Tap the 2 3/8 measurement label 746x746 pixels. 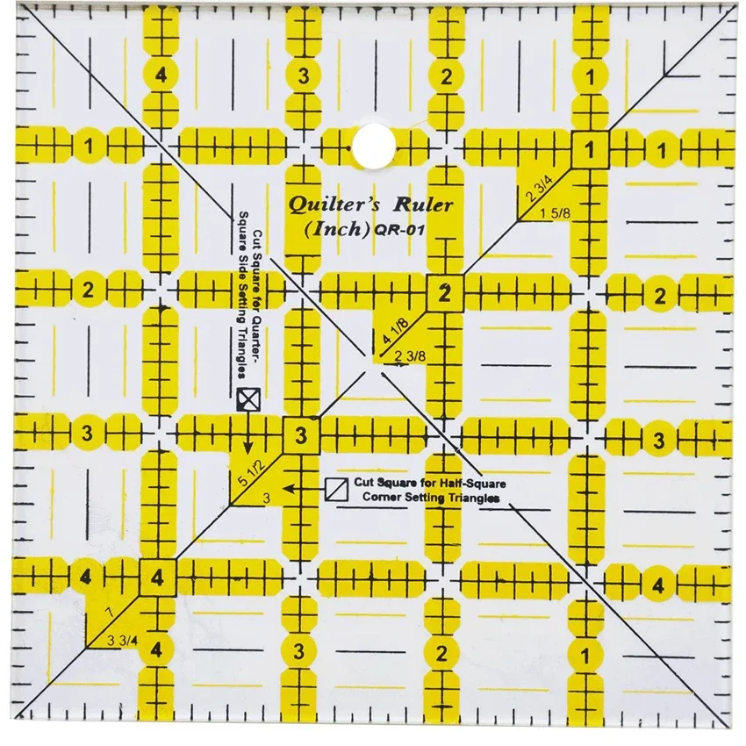409,355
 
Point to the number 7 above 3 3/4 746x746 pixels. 107,609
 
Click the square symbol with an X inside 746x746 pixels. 248,399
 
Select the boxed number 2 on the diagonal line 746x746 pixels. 445,294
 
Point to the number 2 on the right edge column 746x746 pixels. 660,295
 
